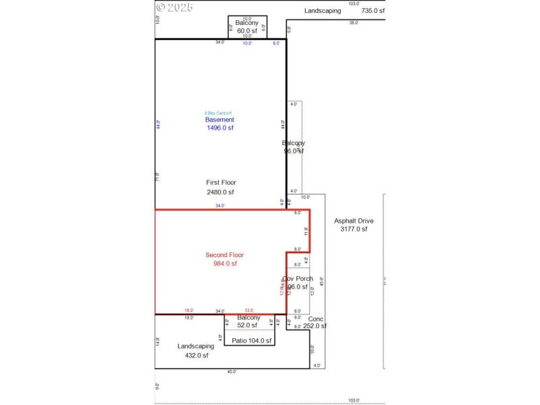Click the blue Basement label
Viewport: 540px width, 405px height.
219,119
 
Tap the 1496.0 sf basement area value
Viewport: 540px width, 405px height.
219,128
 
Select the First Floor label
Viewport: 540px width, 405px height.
221,182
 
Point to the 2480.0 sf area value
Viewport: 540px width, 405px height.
221,192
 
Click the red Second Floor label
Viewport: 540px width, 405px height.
224,254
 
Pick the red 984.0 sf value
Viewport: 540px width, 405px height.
225,264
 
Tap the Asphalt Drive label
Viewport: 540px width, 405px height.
354,221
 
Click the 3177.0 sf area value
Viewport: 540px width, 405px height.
354,230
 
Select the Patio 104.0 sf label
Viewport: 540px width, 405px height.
251,341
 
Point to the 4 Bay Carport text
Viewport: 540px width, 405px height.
219,113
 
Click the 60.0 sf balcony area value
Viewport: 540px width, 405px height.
247,30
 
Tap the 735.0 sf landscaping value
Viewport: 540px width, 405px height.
373,11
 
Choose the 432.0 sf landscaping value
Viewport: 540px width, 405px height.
196,356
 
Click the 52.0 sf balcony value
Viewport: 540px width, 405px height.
248,325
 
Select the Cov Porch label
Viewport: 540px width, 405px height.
297,279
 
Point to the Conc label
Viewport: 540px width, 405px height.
316,319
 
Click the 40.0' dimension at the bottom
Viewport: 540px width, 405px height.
231,372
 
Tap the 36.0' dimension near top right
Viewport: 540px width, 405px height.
353,23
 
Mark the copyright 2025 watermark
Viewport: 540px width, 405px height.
175,7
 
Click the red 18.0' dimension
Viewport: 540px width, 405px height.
189,310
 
